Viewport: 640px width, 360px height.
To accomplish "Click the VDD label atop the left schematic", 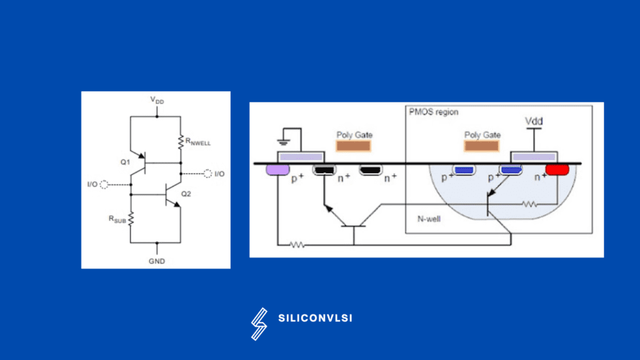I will pyautogui.click(x=157, y=100).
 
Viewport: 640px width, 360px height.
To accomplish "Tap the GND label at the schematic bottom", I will pyautogui.click(x=157, y=261).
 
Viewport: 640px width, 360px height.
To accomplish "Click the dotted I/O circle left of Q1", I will pyautogui.click(x=103, y=184).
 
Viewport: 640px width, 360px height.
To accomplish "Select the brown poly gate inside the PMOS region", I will pyautogui.click(x=482, y=146).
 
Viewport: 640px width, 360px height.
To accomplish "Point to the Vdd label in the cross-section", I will pyautogui.click(x=533, y=120).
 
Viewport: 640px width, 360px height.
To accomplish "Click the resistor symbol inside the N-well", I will pyautogui.click(x=530, y=204).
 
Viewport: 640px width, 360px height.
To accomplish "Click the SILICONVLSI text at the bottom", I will pyautogui.click(x=315, y=318).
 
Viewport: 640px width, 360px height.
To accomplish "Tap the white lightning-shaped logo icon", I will pyautogui.click(x=259, y=324).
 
